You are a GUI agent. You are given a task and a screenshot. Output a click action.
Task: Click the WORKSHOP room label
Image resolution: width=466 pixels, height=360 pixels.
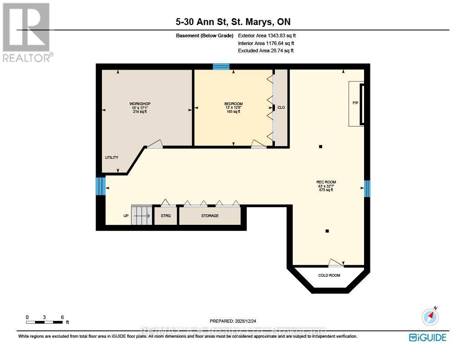(x=140, y=104)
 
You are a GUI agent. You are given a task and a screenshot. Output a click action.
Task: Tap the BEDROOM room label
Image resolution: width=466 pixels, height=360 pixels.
(x=233, y=104)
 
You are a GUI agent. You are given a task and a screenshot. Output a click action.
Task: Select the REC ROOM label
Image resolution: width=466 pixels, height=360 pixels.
(x=326, y=182)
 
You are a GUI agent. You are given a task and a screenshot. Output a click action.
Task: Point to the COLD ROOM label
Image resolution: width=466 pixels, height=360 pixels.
(x=329, y=275)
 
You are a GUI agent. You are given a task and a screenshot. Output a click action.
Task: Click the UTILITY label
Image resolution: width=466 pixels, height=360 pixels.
(x=112, y=157)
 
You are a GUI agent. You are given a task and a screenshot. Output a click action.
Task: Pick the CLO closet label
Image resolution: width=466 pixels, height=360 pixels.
(x=281, y=107)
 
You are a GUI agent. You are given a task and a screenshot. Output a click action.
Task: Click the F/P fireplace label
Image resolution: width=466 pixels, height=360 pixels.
(x=355, y=103)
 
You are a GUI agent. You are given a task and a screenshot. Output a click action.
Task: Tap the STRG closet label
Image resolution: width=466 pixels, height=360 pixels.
(x=166, y=216)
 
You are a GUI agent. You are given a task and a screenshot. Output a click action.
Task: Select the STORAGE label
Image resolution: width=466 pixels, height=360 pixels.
(x=210, y=216)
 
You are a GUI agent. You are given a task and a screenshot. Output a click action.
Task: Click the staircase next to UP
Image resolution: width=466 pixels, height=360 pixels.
(x=142, y=215)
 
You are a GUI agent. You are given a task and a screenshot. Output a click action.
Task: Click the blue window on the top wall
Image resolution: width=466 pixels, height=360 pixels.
(x=221, y=67)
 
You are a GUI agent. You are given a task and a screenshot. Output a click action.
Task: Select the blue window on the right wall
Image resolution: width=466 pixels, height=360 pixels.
(x=367, y=188)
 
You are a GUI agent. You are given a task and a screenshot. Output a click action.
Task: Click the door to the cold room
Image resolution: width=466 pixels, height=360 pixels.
(x=336, y=263)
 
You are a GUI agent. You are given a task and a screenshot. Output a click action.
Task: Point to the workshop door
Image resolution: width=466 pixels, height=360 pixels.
(x=154, y=144)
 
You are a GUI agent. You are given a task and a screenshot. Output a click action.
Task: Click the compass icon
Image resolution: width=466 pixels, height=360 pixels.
(x=430, y=316)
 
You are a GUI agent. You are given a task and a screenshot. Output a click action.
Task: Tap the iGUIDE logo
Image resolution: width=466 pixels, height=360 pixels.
(x=427, y=337)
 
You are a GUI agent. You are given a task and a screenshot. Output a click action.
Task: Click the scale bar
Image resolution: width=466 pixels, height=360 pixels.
(x=45, y=322)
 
